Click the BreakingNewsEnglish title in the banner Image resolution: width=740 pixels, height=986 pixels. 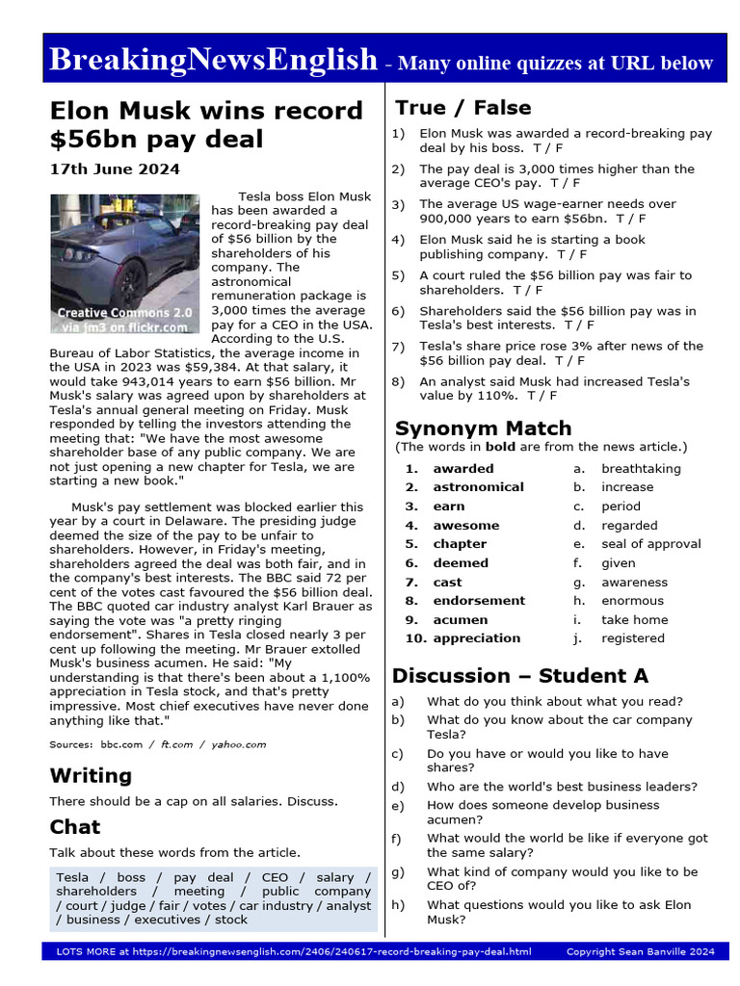pos(212,60)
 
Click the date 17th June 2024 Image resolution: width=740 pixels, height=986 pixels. pos(114,169)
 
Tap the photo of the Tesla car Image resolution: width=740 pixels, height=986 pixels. pos(125,264)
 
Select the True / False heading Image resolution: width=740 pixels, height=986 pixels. pos(462,107)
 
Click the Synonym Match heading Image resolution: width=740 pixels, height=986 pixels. pos(483,428)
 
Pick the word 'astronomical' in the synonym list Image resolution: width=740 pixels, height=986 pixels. pos(478,487)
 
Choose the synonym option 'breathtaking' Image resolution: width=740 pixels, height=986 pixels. pos(641,469)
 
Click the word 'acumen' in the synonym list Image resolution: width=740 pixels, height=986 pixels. pos(461,620)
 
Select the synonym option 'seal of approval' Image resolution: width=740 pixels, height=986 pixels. pos(650,544)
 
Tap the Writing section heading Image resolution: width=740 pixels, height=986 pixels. pos(91,775)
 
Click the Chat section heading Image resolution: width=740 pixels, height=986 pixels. pos(75,826)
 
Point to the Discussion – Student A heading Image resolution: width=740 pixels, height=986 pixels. pos(519,675)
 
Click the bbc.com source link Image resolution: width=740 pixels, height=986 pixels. pos(120,744)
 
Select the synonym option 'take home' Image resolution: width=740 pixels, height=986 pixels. pos(634,620)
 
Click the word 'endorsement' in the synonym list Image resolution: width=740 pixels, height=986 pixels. pos(479,601)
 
